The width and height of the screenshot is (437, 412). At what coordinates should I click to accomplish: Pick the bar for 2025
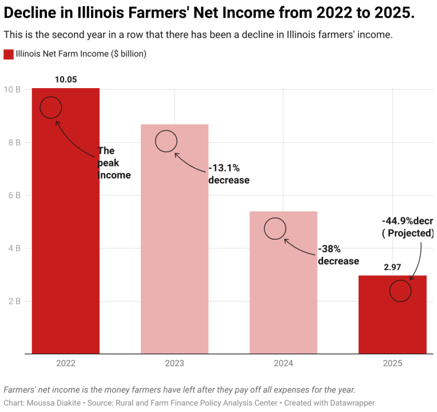[x=392, y=320]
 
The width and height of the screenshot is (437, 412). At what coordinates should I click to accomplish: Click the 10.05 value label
[x=66, y=80]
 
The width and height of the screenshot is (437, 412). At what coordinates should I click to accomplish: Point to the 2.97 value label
[x=392, y=267]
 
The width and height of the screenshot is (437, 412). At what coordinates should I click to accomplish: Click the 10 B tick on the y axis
[x=13, y=89]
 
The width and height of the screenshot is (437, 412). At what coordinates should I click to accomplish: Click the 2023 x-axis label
[x=174, y=363]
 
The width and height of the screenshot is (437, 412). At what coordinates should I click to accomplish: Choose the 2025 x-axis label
[x=392, y=363]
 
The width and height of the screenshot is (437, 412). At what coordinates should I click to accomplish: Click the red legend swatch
[x=9, y=54]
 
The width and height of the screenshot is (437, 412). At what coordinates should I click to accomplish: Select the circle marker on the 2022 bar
[x=51, y=107]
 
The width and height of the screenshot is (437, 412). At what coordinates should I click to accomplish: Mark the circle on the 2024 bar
[x=275, y=228]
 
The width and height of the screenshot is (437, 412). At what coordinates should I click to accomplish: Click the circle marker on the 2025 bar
[x=400, y=291]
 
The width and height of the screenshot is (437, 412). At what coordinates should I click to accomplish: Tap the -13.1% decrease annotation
[x=229, y=174]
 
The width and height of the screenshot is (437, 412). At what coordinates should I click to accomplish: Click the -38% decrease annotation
[x=338, y=255]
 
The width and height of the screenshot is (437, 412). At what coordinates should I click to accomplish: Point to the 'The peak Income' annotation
[x=114, y=163]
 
